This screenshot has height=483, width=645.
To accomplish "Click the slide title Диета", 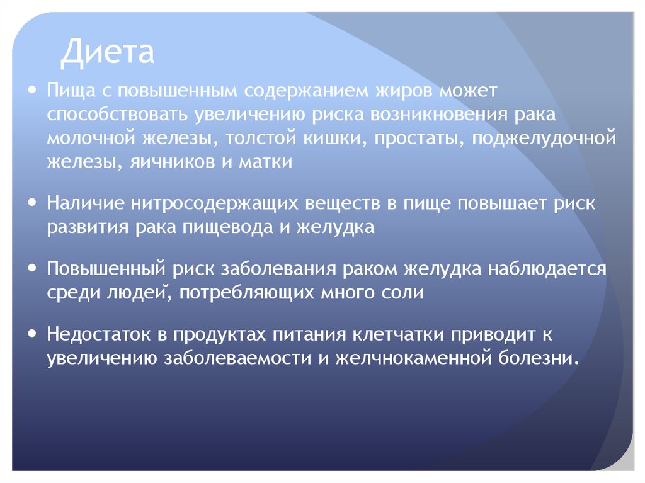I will (x=107, y=53).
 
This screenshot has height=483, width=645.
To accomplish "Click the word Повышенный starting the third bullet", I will (x=103, y=270).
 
